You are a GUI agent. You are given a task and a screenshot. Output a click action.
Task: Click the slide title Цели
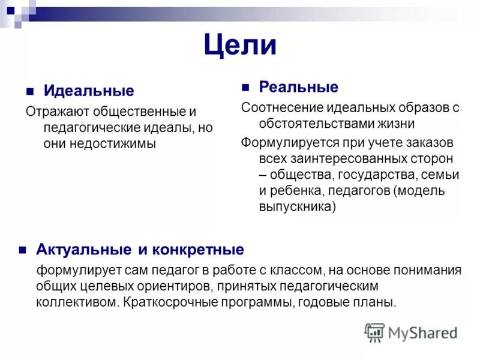tap(240, 45)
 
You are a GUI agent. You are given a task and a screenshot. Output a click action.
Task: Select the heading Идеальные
tap(89, 91)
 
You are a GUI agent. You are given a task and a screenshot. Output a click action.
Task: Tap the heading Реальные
tap(298, 87)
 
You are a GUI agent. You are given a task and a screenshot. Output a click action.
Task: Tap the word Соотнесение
tap(282, 108)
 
